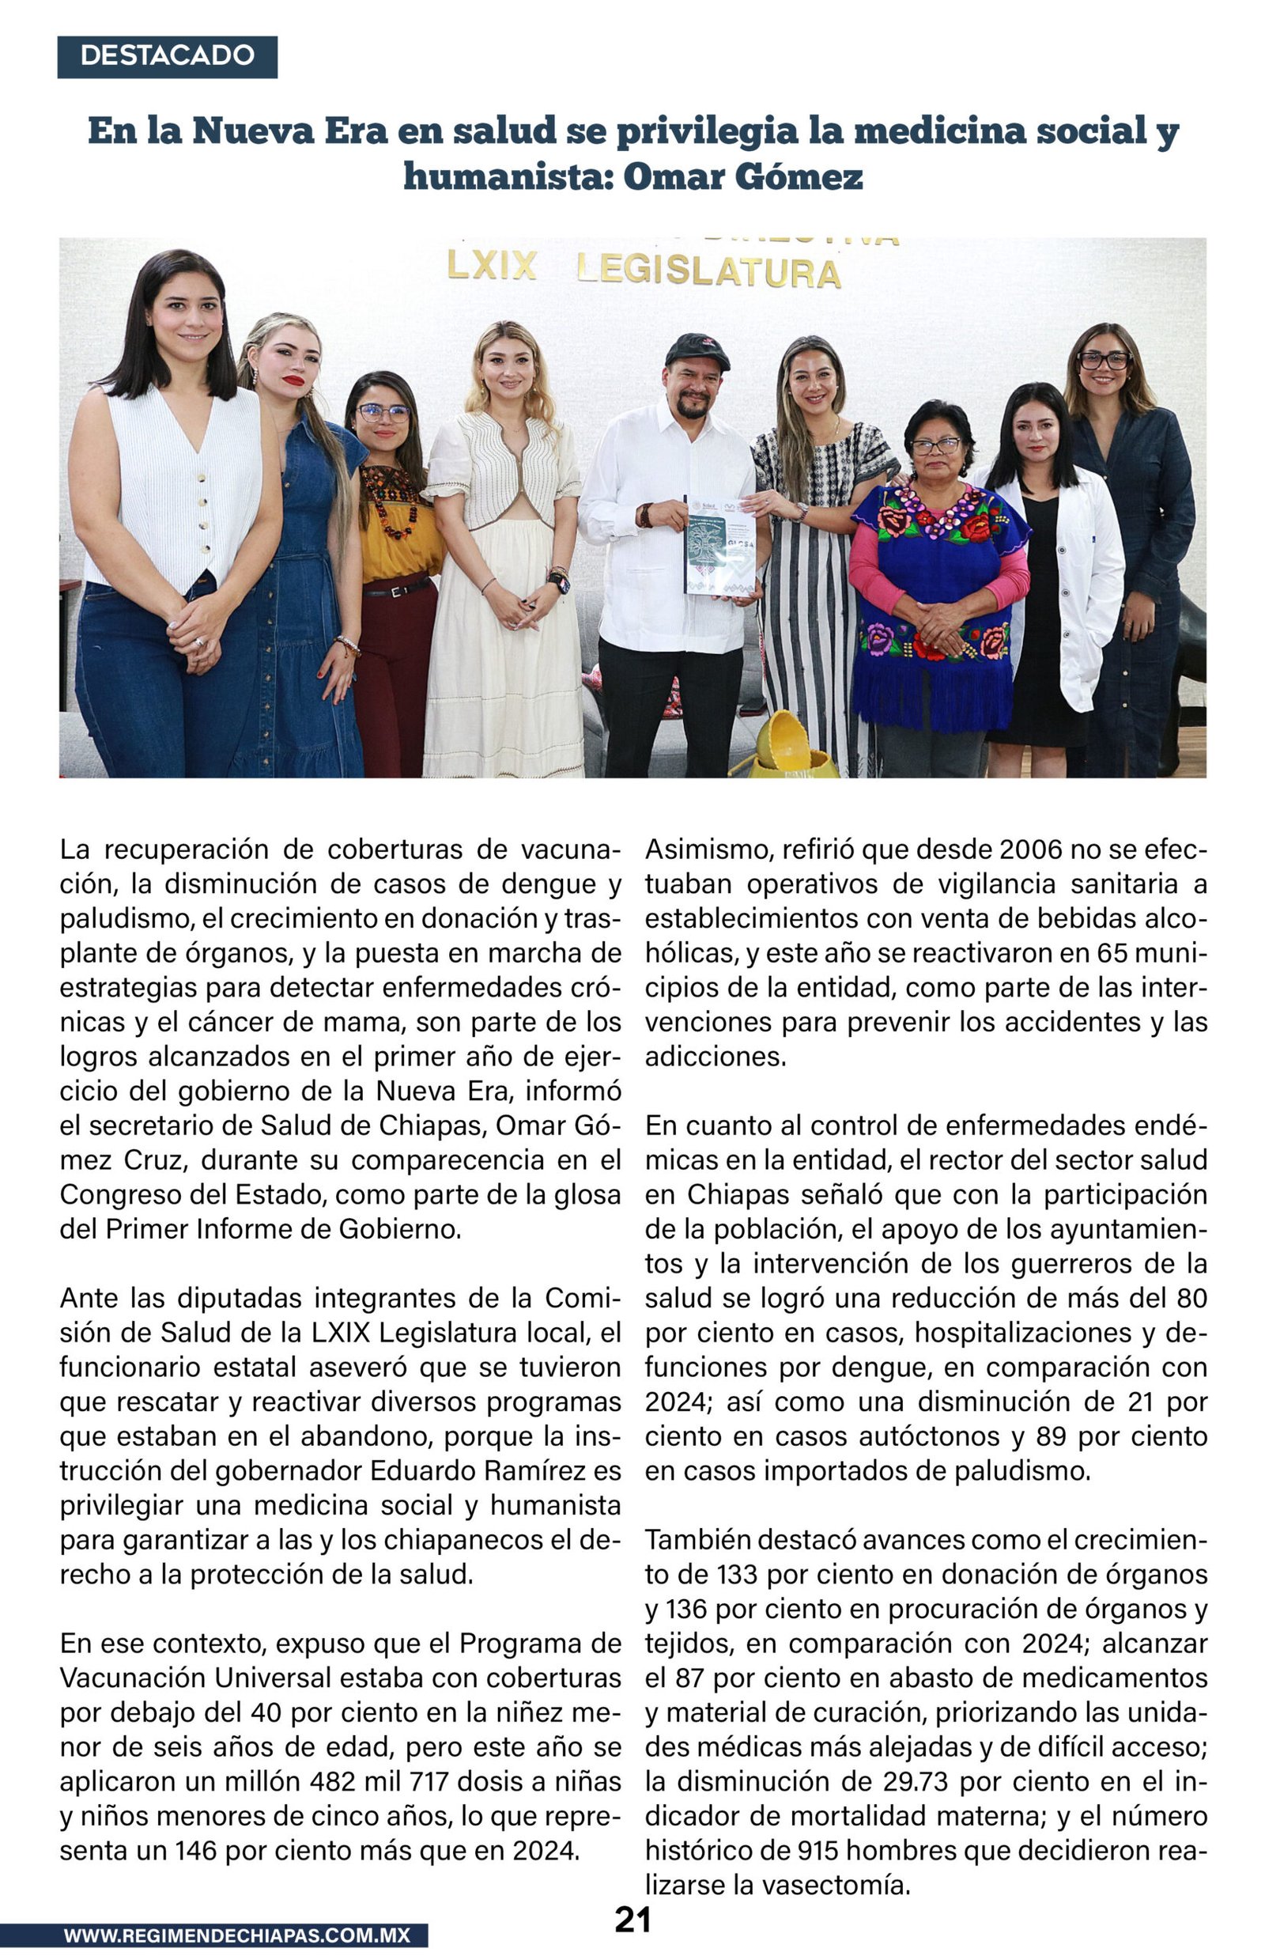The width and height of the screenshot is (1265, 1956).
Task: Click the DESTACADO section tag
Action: tap(167, 56)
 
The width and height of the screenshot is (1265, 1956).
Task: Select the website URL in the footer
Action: tap(236, 1935)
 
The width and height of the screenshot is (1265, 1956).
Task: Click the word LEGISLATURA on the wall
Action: tap(709, 271)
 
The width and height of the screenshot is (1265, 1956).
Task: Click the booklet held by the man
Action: tap(719, 545)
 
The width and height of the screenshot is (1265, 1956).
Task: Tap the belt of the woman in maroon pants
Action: tap(398, 588)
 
